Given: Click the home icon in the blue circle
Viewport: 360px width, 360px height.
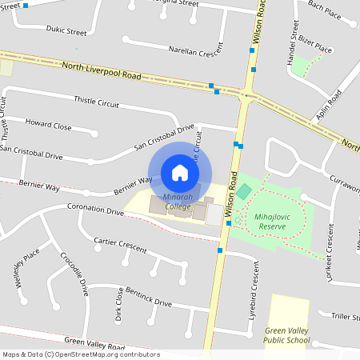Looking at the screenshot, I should point(180,172).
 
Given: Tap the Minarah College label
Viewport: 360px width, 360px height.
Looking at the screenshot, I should point(167,202).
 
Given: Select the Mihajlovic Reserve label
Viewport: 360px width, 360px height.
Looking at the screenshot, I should point(277,221).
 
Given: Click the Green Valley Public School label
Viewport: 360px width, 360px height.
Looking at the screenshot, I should point(287,334).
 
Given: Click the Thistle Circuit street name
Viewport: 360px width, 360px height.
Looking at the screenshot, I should point(96,102).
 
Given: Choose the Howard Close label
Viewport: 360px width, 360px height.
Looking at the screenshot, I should point(48,126).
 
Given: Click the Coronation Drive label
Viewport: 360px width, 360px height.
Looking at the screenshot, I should point(95,212).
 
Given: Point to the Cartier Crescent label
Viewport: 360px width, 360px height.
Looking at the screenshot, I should point(120,244).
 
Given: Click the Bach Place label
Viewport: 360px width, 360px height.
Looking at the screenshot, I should point(325,10).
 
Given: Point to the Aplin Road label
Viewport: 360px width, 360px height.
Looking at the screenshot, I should point(328,105).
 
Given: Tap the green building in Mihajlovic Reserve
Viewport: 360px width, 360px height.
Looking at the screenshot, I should point(243,192).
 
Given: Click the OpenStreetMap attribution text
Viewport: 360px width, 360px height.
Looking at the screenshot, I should point(81,354).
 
